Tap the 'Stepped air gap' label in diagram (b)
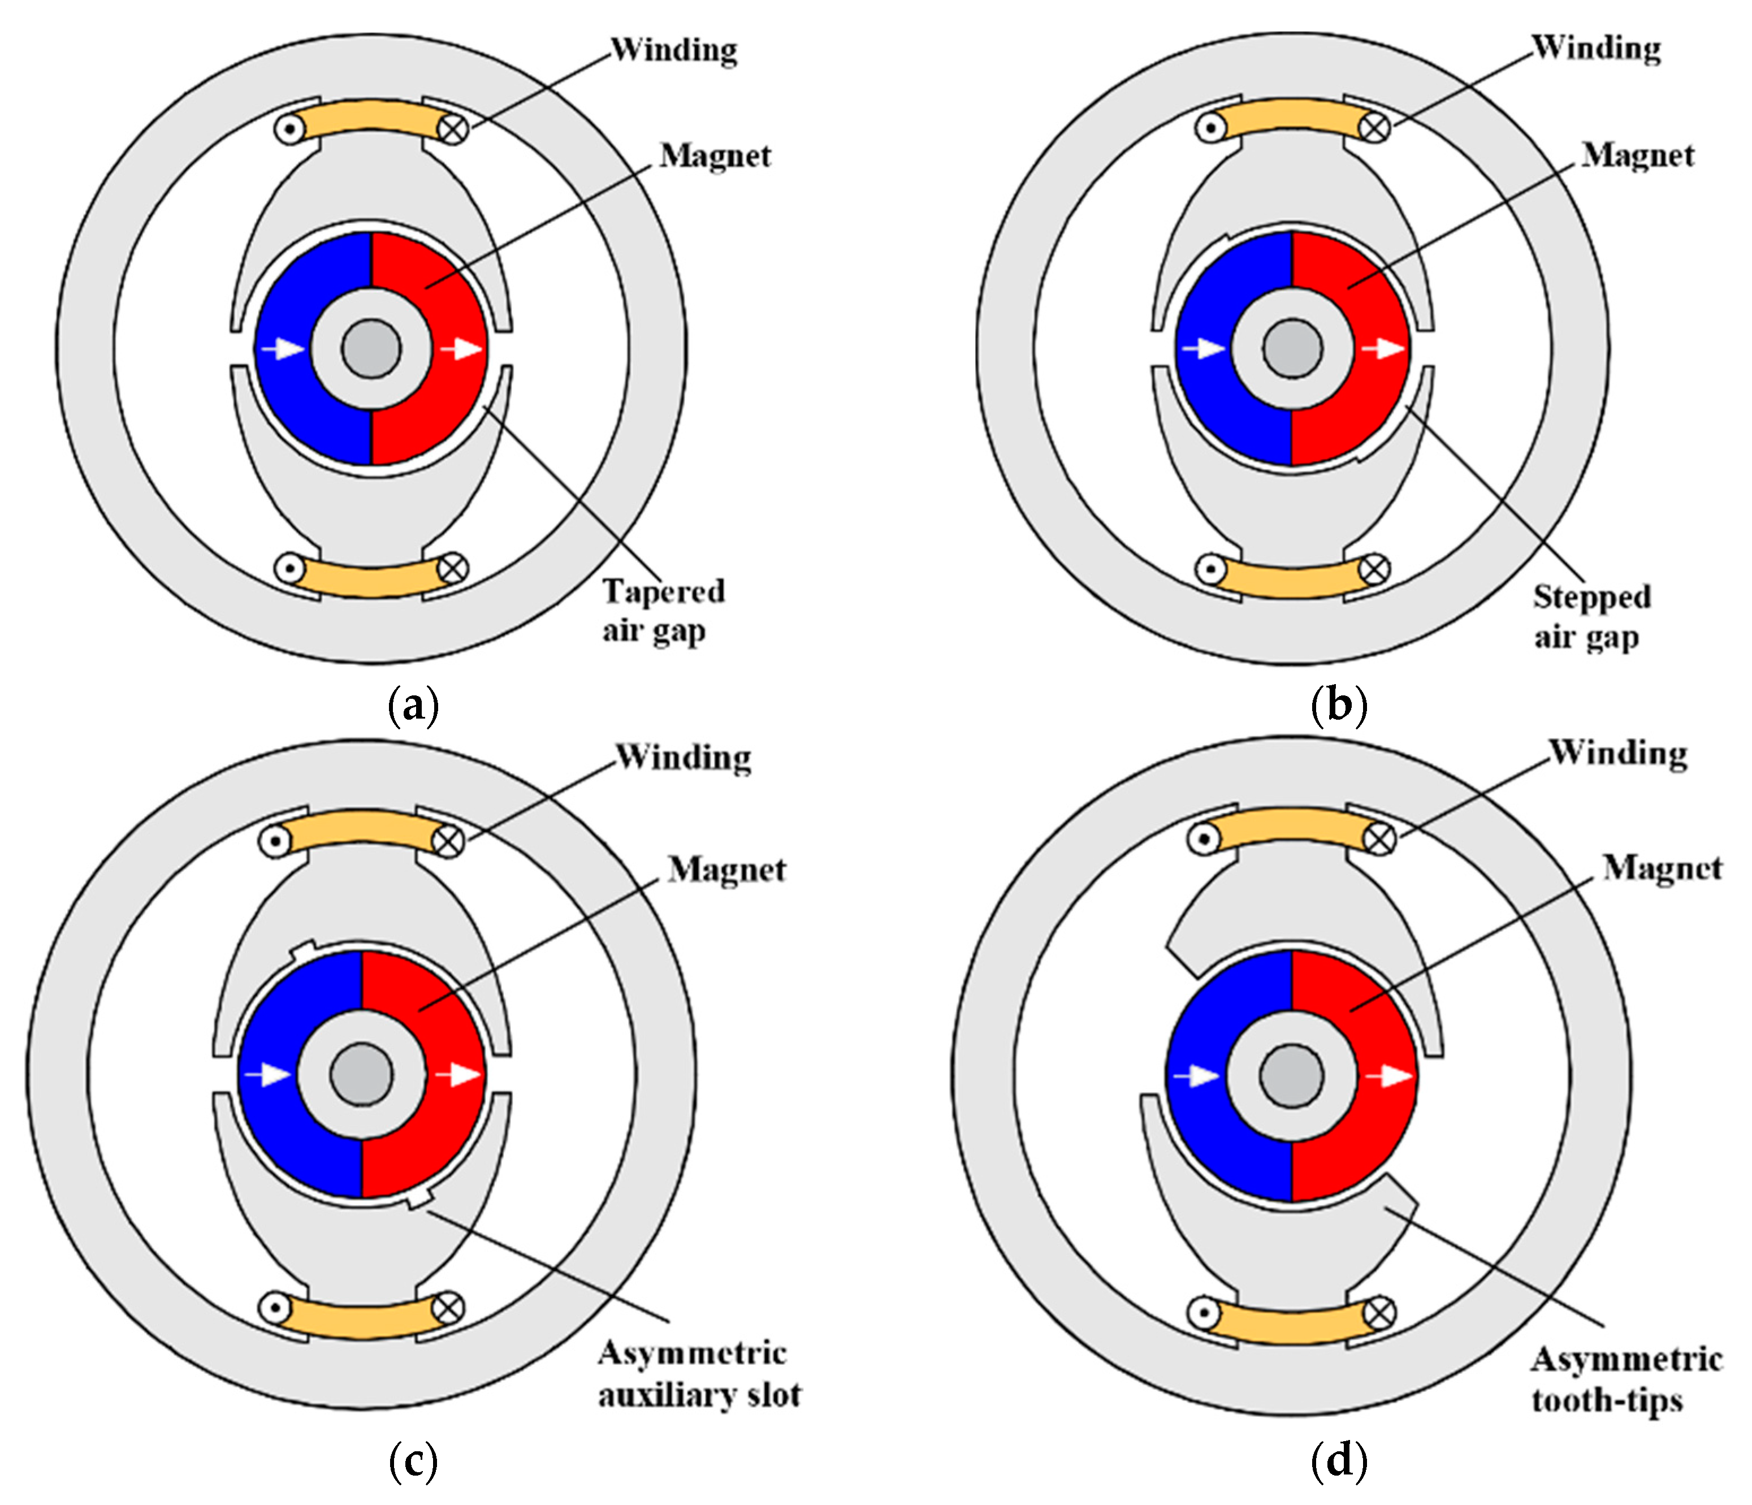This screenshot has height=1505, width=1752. pos(1591,616)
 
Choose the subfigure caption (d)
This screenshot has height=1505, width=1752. pos(1339,1460)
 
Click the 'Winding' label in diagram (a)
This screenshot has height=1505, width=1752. pos(674,50)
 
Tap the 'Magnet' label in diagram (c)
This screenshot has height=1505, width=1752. pos(726,869)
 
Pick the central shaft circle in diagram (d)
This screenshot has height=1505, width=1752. pos(1291,1075)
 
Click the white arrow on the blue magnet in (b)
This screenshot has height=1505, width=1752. pos(1202,348)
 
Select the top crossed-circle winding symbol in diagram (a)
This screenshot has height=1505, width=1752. pos(454,128)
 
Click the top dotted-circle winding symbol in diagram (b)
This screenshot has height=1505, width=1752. pos(1211,128)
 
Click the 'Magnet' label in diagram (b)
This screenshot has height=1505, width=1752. pos(1638,155)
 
